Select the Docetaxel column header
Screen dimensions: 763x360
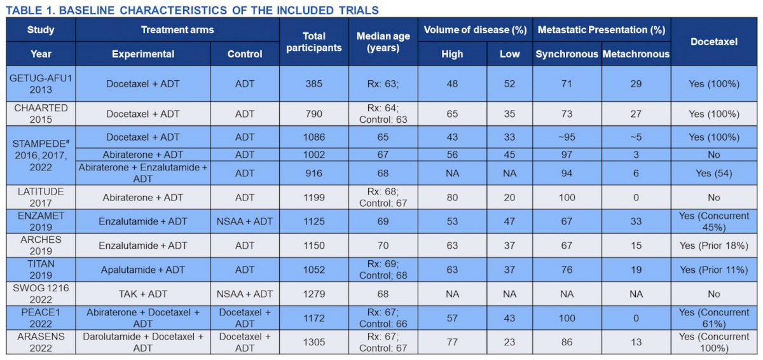(x=714, y=41)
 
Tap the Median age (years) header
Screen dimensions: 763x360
(x=383, y=41)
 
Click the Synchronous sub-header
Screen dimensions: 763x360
(x=567, y=54)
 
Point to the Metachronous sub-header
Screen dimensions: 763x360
(x=636, y=54)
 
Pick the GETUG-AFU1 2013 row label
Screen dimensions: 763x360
(x=41, y=84)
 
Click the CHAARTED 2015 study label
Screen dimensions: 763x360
(x=41, y=114)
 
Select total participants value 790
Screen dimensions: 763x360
(x=313, y=114)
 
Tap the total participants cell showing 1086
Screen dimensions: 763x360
(x=313, y=137)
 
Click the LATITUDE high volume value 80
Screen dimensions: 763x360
(x=452, y=198)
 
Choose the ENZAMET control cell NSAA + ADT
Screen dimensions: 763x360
(x=245, y=221)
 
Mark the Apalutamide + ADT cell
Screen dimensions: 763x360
(x=142, y=270)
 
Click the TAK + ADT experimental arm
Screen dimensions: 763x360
(x=142, y=294)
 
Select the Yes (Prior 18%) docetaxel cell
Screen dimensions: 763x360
(x=714, y=246)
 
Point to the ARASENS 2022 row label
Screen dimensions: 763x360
(x=41, y=342)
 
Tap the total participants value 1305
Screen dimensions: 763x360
(x=313, y=342)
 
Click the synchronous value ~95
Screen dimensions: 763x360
(x=567, y=137)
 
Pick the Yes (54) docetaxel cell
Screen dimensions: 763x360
(x=714, y=174)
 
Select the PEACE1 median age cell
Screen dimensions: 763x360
(x=383, y=318)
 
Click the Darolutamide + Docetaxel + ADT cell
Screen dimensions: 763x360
(x=142, y=342)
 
